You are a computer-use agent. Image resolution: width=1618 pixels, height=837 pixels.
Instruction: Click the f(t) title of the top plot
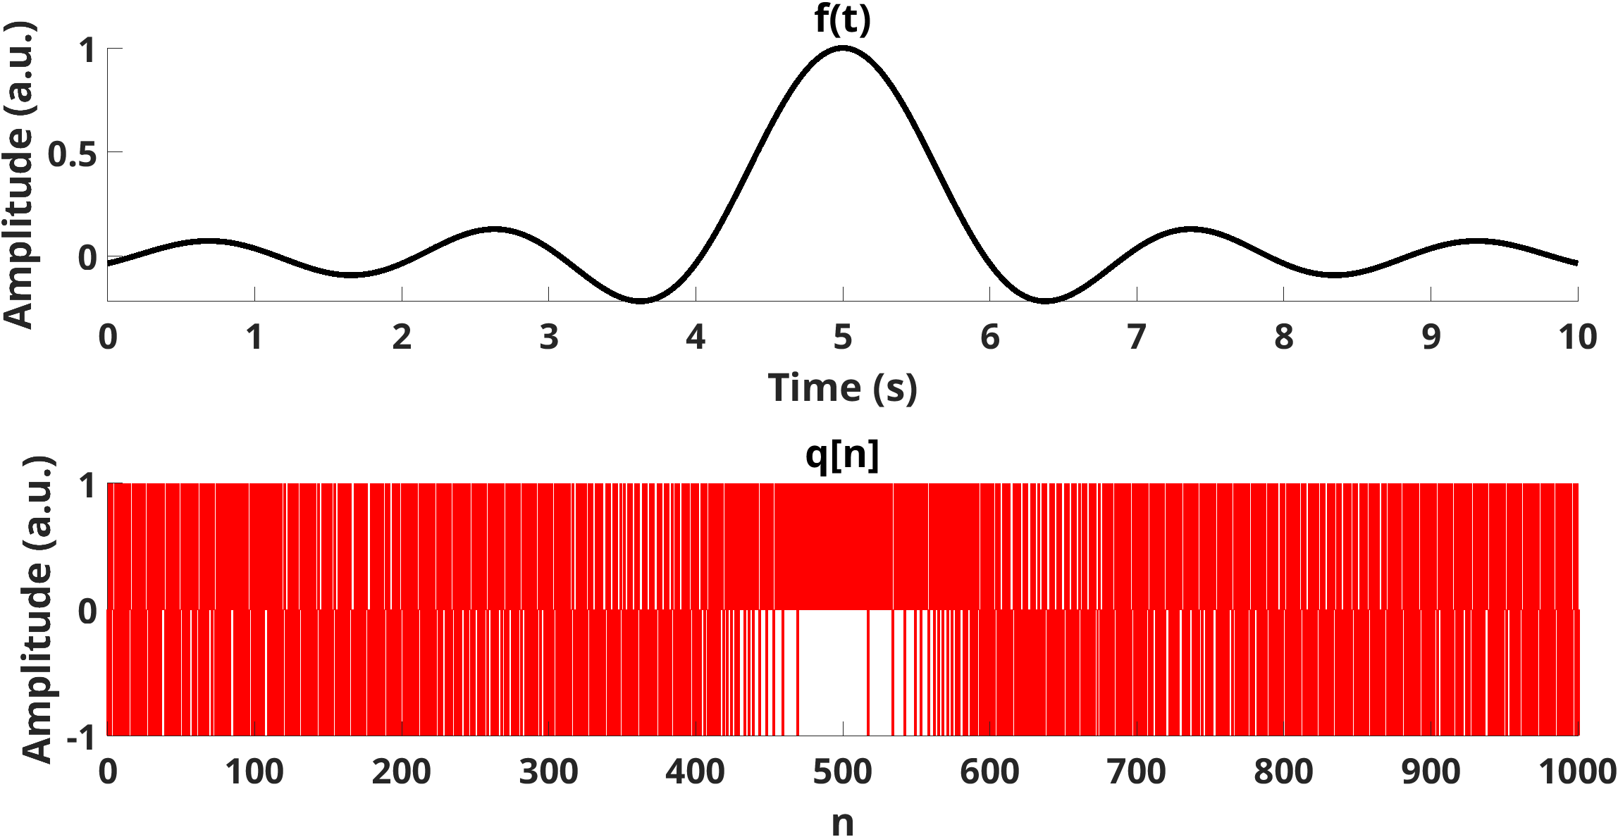coord(842,19)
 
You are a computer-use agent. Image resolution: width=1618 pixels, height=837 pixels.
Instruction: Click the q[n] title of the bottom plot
coord(842,454)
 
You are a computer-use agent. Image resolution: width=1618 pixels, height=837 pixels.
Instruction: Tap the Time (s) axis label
coord(842,388)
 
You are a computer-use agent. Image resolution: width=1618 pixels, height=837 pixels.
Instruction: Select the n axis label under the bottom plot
coord(842,821)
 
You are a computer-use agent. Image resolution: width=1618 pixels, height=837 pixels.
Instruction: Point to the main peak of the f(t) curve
coord(843,48)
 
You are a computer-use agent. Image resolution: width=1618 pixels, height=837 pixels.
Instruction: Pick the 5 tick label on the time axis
coord(843,337)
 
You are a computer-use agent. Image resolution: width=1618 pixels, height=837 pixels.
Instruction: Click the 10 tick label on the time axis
coord(1577,337)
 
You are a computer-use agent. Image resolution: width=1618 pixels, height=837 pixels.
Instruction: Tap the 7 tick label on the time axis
coord(1137,337)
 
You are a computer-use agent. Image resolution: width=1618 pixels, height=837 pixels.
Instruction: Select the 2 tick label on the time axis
coord(402,337)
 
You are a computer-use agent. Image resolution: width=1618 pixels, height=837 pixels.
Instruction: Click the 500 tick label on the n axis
coord(842,772)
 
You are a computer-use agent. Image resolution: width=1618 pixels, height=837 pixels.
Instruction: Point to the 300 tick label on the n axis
coord(548,772)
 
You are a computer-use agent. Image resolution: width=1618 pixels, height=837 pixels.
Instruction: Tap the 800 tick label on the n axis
coord(1283,772)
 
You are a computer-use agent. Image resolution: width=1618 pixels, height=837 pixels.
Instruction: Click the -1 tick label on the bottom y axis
coord(81,739)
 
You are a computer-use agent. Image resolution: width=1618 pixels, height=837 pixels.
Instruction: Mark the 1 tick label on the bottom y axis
coord(87,485)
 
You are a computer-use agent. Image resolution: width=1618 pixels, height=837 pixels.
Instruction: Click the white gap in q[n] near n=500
coord(832,669)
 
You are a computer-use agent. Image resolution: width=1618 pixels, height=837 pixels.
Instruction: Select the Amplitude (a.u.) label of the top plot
coord(19,175)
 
